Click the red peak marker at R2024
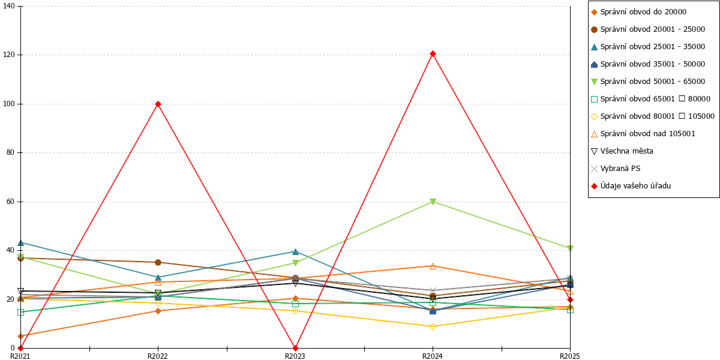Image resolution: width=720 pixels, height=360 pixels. (433, 53)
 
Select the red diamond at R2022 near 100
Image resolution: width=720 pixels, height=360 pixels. (158, 104)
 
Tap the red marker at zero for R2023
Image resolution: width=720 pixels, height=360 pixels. (295, 348)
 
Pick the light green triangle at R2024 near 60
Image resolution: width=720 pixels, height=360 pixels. (433, 202)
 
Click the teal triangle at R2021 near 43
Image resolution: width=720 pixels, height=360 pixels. (20, 242)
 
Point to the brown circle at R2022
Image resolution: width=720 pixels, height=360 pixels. (158, 263)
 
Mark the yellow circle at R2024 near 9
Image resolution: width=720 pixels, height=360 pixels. (433, 326)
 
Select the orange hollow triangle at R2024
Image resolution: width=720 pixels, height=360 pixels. (433, 266)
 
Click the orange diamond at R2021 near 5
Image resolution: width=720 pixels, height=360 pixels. (20, 336)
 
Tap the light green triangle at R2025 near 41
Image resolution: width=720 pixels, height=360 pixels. (570, 248)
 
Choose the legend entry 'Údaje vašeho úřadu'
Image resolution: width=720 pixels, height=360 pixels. (631, 186)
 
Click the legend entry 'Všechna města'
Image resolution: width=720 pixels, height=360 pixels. (622, 151)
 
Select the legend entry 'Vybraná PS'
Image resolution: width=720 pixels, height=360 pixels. (616, 169)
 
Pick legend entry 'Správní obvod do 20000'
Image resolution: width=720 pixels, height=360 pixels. (638, 12)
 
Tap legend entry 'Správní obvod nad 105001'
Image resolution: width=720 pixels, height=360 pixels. (643, 134)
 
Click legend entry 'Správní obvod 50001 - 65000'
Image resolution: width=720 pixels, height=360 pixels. (648, 82)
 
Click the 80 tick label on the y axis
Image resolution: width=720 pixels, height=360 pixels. (11, 152)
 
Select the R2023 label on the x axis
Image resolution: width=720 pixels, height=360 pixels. (295, 356)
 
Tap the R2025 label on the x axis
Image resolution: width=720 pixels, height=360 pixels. (570, 356)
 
